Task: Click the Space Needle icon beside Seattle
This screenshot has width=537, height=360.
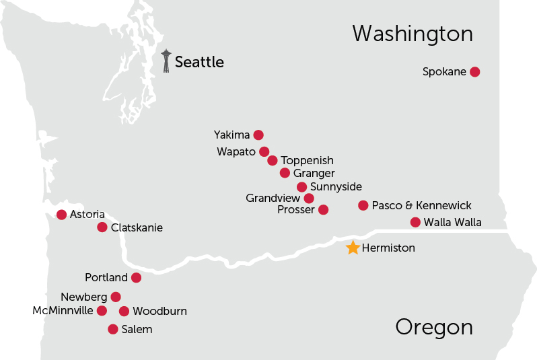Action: pos(166,61)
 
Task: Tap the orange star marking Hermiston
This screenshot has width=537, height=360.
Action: pos(353,248)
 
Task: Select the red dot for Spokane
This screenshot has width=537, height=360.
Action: pos(474,72)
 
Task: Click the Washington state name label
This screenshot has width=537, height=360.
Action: pos(413,34)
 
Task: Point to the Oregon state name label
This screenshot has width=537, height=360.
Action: pos(434,327)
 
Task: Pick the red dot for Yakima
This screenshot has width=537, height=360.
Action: pos(258,135)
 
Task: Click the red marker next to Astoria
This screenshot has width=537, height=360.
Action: pos(62,215)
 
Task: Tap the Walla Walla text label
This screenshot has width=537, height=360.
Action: pos(453,223)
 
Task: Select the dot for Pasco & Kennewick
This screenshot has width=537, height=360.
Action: pos(363,205)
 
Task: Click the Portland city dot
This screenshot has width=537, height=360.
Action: pos(136,278)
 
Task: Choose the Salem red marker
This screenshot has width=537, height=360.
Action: pos(113,329)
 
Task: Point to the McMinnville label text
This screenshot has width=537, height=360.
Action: pos(63,311)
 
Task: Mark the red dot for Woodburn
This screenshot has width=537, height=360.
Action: pos(124,311)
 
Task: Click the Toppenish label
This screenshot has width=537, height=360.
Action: pos(307,161)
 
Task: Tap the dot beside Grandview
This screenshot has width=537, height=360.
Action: pos(309,199)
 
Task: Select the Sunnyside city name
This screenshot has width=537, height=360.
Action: pos(336,186)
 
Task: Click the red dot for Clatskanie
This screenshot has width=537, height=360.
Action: pos(102,227)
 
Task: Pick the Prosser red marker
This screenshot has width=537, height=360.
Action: pos(323,210)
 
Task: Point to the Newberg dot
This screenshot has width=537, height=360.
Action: pos(116,297)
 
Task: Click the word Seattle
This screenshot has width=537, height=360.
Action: pos(199,63)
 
